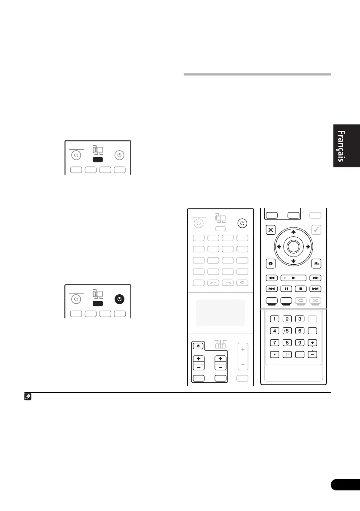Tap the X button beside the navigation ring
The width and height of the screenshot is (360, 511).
[x=271, y=230]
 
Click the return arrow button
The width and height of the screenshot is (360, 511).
[x=316, y=265]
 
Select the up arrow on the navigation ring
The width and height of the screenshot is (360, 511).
[x=293, y=232]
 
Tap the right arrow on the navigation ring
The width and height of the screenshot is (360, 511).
[x=308, y=247]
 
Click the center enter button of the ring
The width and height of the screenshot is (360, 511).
[x=293, y=246]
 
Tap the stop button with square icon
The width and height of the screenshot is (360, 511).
[x=302, y=289]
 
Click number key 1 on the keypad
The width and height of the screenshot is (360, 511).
[x=274, y=319]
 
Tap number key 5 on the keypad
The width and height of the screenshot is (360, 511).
[x=287, y=331]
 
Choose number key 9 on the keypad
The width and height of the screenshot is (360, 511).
[x=300, y=343]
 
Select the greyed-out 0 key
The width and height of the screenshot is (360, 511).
[x=287, y=355]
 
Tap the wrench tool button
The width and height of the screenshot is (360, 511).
[x=316, y=230]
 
